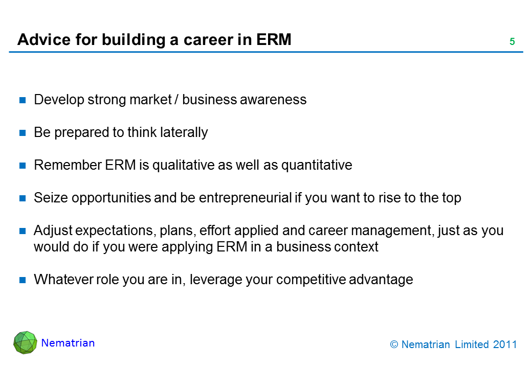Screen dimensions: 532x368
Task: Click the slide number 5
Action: click(x=512, y=41)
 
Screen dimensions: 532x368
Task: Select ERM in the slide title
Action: click(x=274, y=39)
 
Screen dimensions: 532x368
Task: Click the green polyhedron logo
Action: click(x=25, y=342)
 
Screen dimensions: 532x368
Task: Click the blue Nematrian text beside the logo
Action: click(x=68, y=343)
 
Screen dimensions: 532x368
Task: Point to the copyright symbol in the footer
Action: click(x=394, y=344)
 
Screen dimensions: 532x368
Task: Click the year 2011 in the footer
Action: click(x=505, y=344)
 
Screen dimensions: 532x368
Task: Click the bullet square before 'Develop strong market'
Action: click(x=23, y=100)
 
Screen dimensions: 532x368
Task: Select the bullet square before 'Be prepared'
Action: click(x=23, y=133)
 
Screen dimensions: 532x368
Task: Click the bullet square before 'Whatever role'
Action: click(x=23, y=280)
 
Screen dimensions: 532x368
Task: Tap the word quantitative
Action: click(x=317, y=166)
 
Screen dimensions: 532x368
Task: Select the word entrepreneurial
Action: click(x=246, y=198)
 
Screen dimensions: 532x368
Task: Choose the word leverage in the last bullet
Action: click(x=215, y=280)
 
